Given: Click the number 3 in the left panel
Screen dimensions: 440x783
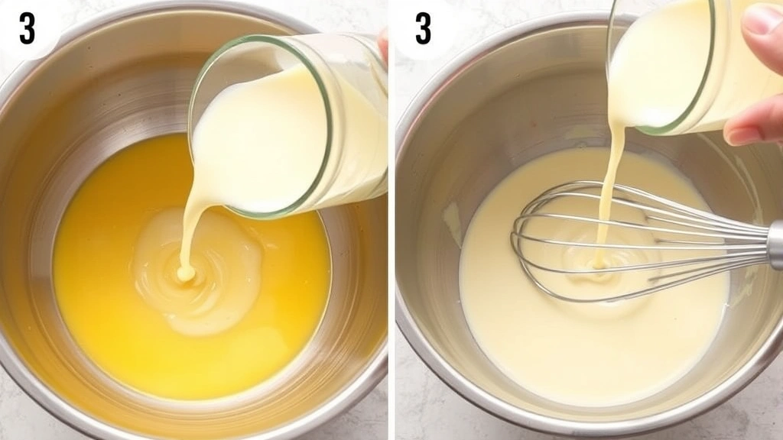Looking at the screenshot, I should coord(27,28).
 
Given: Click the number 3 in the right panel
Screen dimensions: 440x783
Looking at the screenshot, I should coord(423,28).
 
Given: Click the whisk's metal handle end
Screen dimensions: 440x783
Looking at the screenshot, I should coord(775,244).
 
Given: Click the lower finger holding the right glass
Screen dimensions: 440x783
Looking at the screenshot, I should coord(753,126).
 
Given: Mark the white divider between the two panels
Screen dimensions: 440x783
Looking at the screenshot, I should coord(391,229).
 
